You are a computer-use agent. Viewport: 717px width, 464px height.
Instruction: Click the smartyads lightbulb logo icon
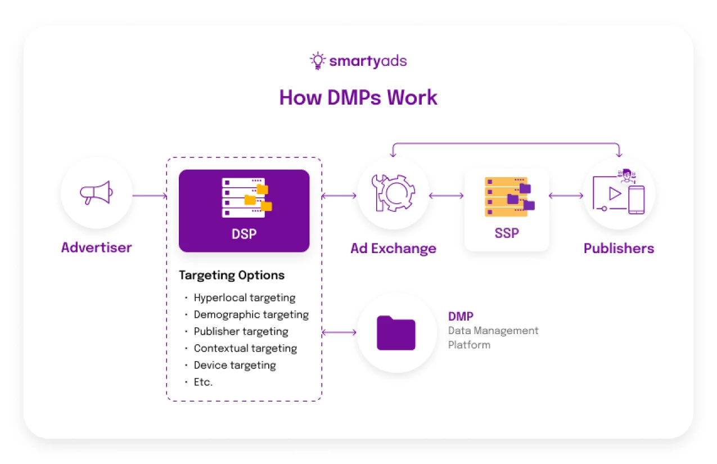pyautogui.click(x=318, y=61)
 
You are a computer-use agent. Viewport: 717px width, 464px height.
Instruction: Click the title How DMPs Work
pyautogui.click(x=358, y=97)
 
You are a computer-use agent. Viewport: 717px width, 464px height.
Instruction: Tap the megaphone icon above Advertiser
pyautogui.click(x=96, y=193)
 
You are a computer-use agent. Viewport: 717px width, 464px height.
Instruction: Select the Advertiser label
pyautogui.click(x=96, y=247)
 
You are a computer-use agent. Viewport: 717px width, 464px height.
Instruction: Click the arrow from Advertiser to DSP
pyautogui.click(x=150, y=196)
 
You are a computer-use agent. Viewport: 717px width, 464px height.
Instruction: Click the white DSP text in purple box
pyautogui.click(x=244, y=233)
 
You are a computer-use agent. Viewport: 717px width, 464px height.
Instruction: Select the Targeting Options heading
pyautogui.click(x=232, y=275)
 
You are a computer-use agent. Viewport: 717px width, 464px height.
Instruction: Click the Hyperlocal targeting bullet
pyautogui.click(x=244, y=298)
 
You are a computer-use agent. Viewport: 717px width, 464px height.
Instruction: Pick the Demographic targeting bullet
pyautogui.click(x=251, y=314)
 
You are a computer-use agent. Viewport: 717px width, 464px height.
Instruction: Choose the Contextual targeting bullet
pyautogui.click(x=245, y=348)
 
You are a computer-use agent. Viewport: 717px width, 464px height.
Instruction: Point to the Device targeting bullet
pyautogui.click(x=235, y=365)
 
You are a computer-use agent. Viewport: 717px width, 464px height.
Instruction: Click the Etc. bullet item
pyautogui.click(x=203, y=382)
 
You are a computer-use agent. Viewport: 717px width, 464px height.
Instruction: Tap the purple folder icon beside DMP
pyautogui.click(x=396, y=333)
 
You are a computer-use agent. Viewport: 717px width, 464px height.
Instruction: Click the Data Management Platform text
pyautogui.click(x=493, y=337)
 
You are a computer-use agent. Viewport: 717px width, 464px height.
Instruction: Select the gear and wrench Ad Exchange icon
pyautogui.click(x=393, y=193)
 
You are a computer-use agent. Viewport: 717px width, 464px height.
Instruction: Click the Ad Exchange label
pyautogui.click(x=393, y=248)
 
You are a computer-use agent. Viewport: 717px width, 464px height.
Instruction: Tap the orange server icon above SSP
pyautogui.click(x=508, y=196)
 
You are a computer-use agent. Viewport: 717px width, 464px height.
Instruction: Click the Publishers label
pyautogui.click(x=619, y=248)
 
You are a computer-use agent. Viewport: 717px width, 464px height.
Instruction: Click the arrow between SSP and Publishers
pyautogui.click(x=566, y=196)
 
